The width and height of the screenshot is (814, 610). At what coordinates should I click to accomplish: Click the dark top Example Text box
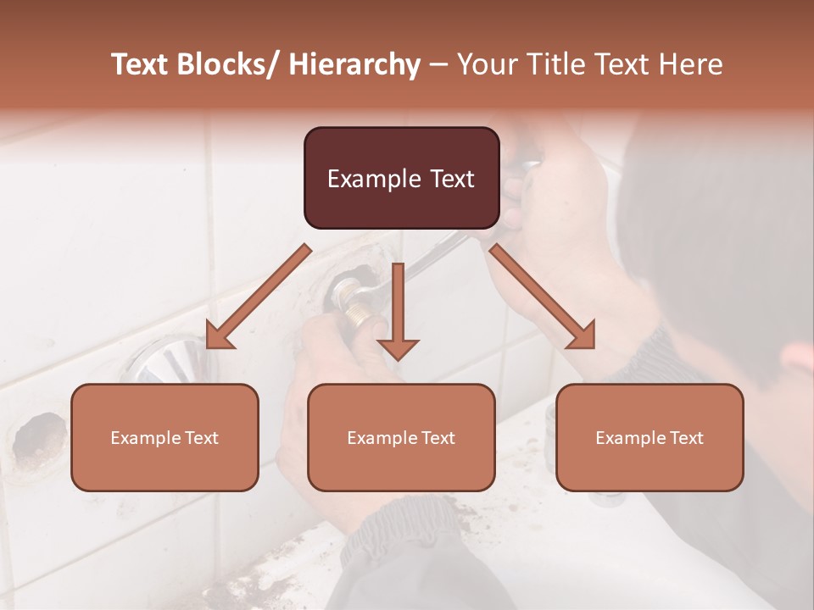401,178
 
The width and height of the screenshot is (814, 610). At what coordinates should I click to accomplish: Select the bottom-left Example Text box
164,437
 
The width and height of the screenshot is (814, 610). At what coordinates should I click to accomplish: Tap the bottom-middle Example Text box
401,437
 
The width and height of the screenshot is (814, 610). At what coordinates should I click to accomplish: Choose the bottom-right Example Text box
650,437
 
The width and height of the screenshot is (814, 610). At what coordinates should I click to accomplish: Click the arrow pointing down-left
259,297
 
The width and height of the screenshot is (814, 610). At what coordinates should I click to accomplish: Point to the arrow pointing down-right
543,297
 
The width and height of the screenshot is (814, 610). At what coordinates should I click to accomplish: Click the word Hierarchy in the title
354,64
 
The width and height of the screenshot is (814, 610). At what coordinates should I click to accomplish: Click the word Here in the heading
690,64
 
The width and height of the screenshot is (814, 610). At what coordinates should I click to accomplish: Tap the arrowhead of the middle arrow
399,348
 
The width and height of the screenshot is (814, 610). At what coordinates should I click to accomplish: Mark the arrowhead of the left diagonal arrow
217,337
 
